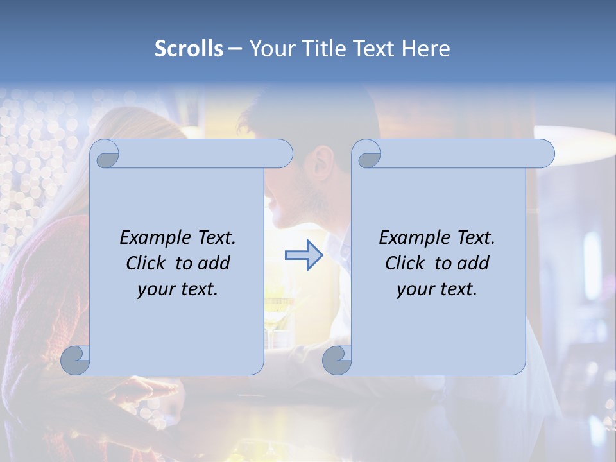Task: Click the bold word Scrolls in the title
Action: [x=189, y=48]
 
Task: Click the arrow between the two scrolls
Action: [x=304, y=255]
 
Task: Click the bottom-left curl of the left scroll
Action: [x=75, y=361]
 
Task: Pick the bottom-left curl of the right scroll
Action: [x=337, y=361]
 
